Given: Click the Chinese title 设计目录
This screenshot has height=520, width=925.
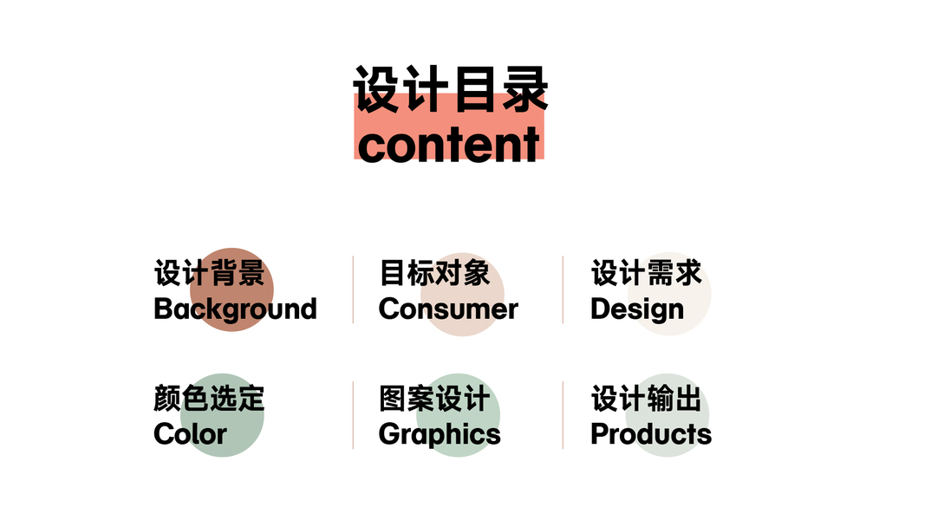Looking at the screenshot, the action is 450,90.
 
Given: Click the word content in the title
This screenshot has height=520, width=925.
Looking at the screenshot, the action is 449,145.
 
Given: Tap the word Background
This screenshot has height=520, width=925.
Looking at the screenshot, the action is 235,309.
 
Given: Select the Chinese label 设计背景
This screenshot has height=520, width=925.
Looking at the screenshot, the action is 209,273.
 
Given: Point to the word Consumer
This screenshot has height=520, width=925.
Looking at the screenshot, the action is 448,309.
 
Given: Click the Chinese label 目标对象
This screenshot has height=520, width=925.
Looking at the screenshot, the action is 434,273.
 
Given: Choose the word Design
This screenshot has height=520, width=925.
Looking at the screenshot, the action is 637,309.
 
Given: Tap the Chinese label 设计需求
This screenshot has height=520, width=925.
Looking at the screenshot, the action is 646,273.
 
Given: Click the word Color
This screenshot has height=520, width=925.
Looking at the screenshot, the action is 190,434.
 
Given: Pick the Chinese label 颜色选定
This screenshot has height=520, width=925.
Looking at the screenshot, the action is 209,399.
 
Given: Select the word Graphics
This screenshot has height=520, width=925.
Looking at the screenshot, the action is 440,434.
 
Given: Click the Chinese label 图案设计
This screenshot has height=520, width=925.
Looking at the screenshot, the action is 434,399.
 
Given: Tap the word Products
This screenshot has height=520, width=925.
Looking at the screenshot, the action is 651,434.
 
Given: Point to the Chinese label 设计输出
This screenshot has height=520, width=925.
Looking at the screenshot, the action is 646,399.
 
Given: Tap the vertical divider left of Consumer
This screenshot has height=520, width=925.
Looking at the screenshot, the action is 353,289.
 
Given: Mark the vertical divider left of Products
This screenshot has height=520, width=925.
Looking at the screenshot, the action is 563,415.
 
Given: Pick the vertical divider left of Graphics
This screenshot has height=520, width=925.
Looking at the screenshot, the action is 353,415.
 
